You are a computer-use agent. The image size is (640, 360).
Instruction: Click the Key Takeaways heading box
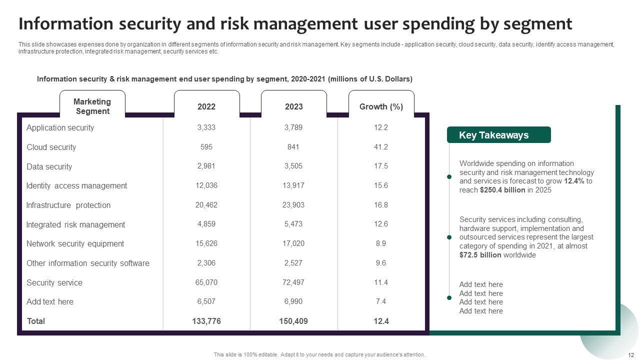(x=498, y=135)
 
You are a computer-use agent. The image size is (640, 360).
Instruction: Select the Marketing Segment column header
(x=92, y=106)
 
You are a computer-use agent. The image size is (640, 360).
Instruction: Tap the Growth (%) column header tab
(x=381, y=106)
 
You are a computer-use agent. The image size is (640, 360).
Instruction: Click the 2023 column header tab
(x=293, y=106)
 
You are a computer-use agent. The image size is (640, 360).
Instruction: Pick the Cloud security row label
(x=51, y=147)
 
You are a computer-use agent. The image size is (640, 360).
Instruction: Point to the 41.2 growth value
(x=381, y=147)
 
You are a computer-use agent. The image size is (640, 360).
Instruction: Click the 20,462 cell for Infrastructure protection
(x=206, y=205)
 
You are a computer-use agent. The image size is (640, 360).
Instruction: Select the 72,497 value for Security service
(x=293, y=282)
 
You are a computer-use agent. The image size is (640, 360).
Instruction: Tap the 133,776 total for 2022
(x=206, y=321)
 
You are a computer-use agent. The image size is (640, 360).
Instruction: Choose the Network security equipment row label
(x=75, y=243)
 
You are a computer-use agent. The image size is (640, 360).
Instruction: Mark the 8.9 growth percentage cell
(x=381, y=243)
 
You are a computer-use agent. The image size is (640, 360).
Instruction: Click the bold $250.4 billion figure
(x=502, y=190)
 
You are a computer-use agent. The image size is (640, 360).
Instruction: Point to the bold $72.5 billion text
(x=480, y=255)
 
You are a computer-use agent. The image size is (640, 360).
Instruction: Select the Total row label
(x=35, y=321)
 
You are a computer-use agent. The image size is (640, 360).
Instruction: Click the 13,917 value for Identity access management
(x=293, y=185)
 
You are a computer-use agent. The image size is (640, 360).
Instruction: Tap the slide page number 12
(x=630, y=355)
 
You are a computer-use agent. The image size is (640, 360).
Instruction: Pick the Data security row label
(x=49, y=166)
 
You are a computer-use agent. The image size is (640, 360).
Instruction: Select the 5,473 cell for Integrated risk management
(x=293, y=224)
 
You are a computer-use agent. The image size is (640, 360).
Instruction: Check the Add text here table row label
(x=50, y=301)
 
